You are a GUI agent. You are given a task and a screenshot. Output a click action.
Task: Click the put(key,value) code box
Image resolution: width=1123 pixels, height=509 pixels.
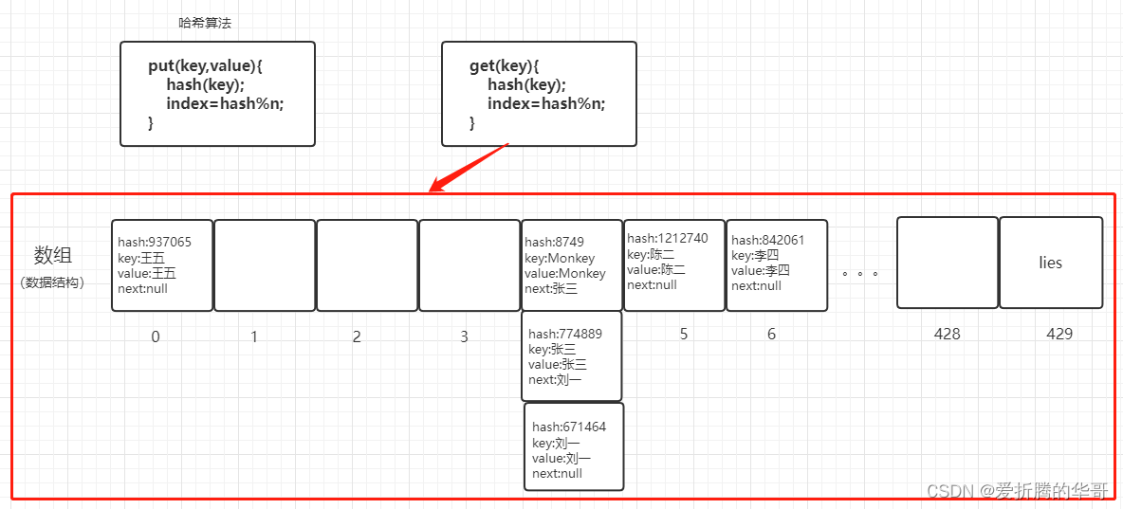point(217,94)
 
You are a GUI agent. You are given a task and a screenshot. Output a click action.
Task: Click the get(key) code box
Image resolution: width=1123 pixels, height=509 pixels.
point(539,94)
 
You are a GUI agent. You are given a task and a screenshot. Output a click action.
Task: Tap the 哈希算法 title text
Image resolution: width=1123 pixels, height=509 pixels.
point(205,23)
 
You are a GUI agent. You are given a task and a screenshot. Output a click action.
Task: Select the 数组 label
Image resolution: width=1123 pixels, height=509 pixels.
point(53,255)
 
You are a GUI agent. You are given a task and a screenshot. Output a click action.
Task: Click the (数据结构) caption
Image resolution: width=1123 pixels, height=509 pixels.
point(52,282)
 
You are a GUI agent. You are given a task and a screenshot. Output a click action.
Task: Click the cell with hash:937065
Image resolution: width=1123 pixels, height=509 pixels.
point(162,265)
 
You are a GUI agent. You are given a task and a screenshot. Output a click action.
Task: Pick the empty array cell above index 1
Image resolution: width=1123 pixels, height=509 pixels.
point(265,265)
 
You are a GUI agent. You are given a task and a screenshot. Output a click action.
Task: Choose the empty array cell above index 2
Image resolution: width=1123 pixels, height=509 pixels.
point(367,265)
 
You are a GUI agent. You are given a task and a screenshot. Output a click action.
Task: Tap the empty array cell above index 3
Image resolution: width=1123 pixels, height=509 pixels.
point(469,265)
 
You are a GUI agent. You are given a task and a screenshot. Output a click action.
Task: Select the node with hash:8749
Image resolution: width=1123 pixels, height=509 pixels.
point(571,265)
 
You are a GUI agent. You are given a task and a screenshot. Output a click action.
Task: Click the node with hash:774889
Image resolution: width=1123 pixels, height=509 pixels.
point(572,356)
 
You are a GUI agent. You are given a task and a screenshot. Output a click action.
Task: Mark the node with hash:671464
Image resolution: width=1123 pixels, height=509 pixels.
point(574,446)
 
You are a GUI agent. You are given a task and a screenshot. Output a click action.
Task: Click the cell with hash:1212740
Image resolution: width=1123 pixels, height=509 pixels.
point(674,264)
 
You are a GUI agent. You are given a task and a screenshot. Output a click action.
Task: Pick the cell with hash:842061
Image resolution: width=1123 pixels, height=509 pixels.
point(777,264)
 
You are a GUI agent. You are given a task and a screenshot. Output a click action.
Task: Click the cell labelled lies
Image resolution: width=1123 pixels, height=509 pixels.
point(1051,263)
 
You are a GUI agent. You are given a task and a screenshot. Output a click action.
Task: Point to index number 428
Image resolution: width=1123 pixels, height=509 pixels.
point(947,334)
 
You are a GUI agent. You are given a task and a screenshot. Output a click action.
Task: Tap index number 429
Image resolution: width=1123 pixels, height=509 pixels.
point(1059,334)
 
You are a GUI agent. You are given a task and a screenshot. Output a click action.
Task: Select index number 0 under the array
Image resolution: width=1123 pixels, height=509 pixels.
point(156,336)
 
